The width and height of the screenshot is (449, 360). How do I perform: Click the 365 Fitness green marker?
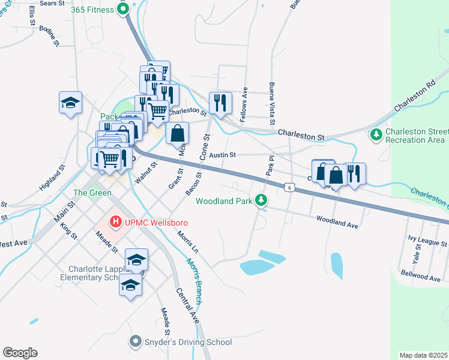[x=123, y=9]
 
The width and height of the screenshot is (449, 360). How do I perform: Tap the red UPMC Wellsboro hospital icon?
[x=115, y=223]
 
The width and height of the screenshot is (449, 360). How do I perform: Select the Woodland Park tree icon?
[x=261, y=199]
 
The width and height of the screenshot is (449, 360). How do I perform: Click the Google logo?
[x=20, y=353]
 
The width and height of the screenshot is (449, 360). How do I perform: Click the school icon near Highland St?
[x=70, y=102]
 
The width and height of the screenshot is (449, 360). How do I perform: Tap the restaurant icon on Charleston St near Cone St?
[x=220, y=103]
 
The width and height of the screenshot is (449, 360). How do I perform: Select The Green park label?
[x=92, y=193]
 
